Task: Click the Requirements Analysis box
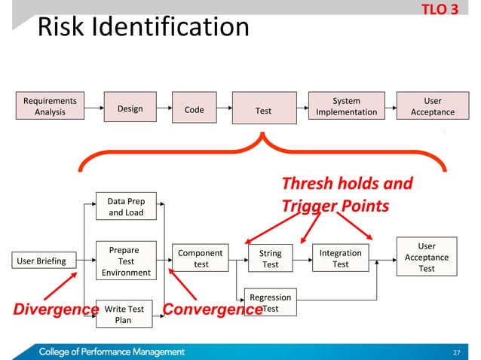pos(50,106)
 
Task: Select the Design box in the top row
pos(130,109)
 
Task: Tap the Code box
pos(194,110)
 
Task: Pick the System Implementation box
pos(346,106)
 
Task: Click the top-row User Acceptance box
pos(433,106)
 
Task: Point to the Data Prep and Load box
pos(126,207)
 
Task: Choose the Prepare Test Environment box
pos(126,261)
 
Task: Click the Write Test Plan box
pos(124,314)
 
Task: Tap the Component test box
pos(201,259)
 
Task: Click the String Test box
pos(270,259)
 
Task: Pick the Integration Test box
pos(341,259)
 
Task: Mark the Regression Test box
pos(270,303)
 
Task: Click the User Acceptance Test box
pos(427,258)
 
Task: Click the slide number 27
pos(455,351)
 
